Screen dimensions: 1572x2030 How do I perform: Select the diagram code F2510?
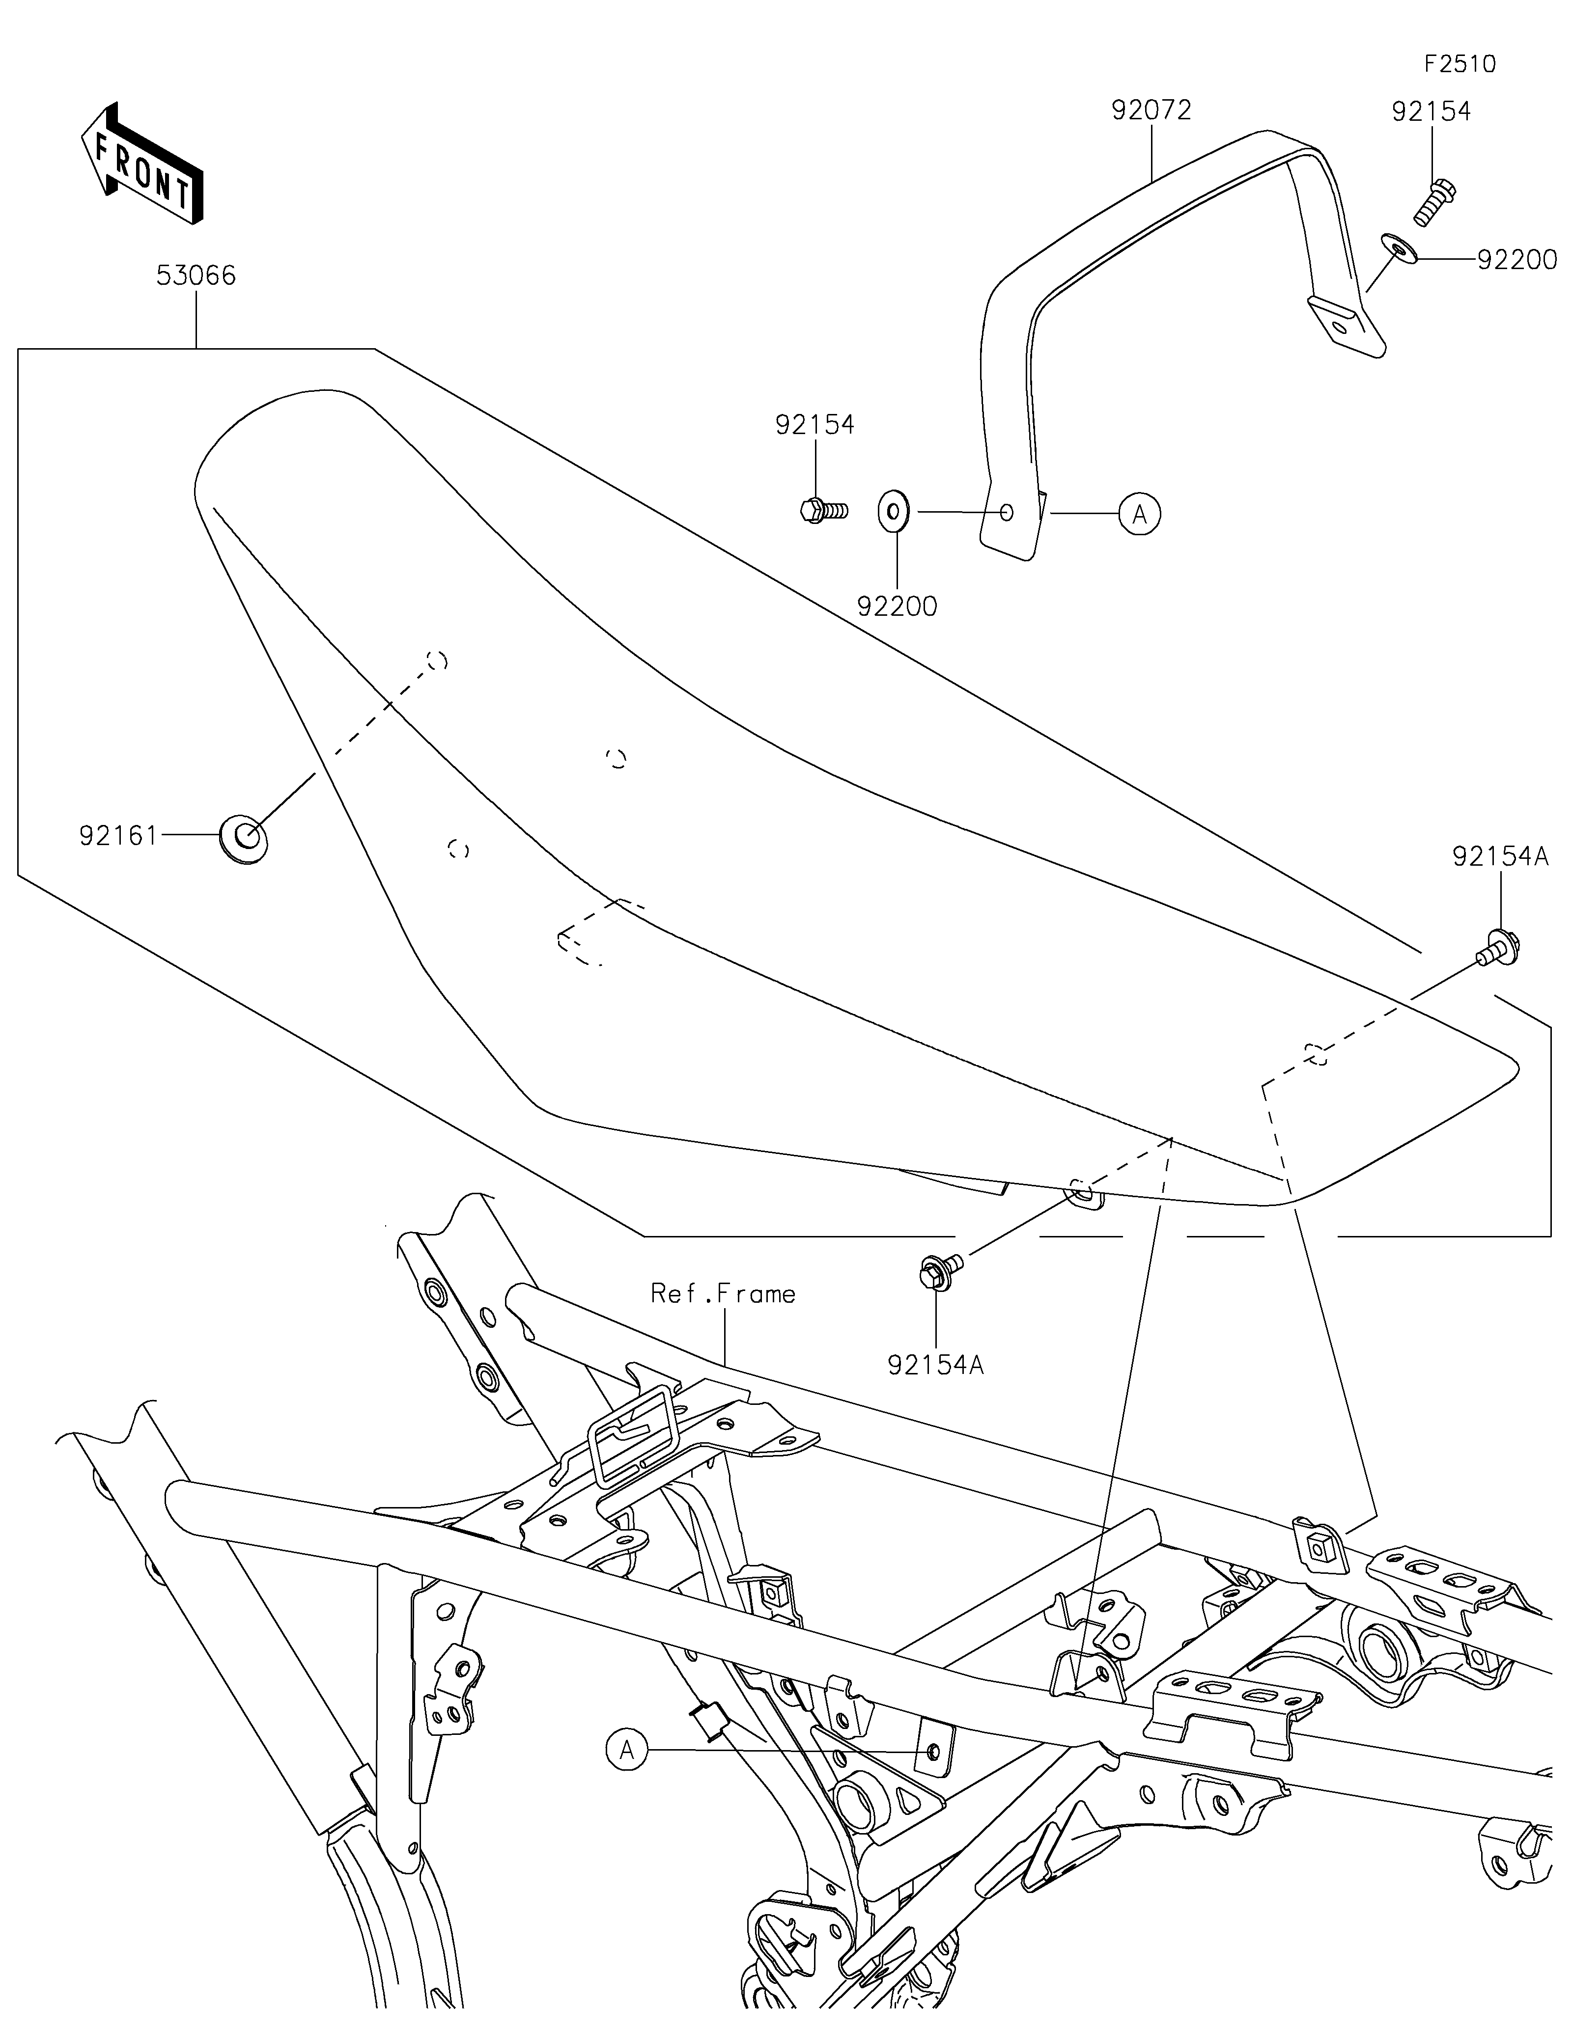(1460, 64)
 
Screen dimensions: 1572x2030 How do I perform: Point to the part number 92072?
(1151, 110)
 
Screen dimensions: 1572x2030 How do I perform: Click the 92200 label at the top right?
(1517, 260)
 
